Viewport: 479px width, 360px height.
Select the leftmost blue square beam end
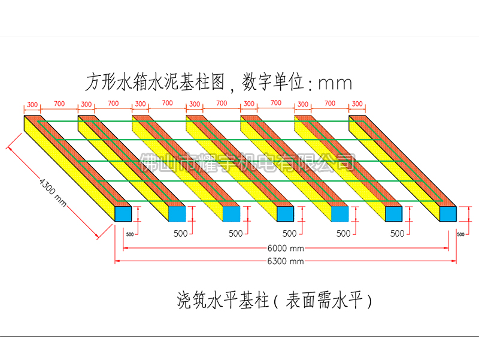pos(123,214)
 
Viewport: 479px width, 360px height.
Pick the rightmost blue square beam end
pos(448,214)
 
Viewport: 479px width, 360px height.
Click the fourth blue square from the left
pos(285,214)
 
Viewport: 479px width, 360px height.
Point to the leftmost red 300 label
pos(32,104)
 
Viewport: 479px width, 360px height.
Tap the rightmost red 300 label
pos(357,104)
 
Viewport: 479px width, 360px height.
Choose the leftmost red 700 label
pos(59,104)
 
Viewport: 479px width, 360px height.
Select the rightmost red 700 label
pos(330,104)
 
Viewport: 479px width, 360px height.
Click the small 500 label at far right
pos(460,234)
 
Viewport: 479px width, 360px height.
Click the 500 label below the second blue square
pos(181,233)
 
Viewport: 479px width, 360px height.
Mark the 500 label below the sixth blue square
pos(397,233)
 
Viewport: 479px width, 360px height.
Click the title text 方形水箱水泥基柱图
pos(154,81)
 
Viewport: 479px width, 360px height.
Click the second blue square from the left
pos(177,214)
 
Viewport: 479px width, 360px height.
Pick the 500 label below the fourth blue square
pos(289,233)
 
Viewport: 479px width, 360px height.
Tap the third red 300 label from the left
pos(141,104)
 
